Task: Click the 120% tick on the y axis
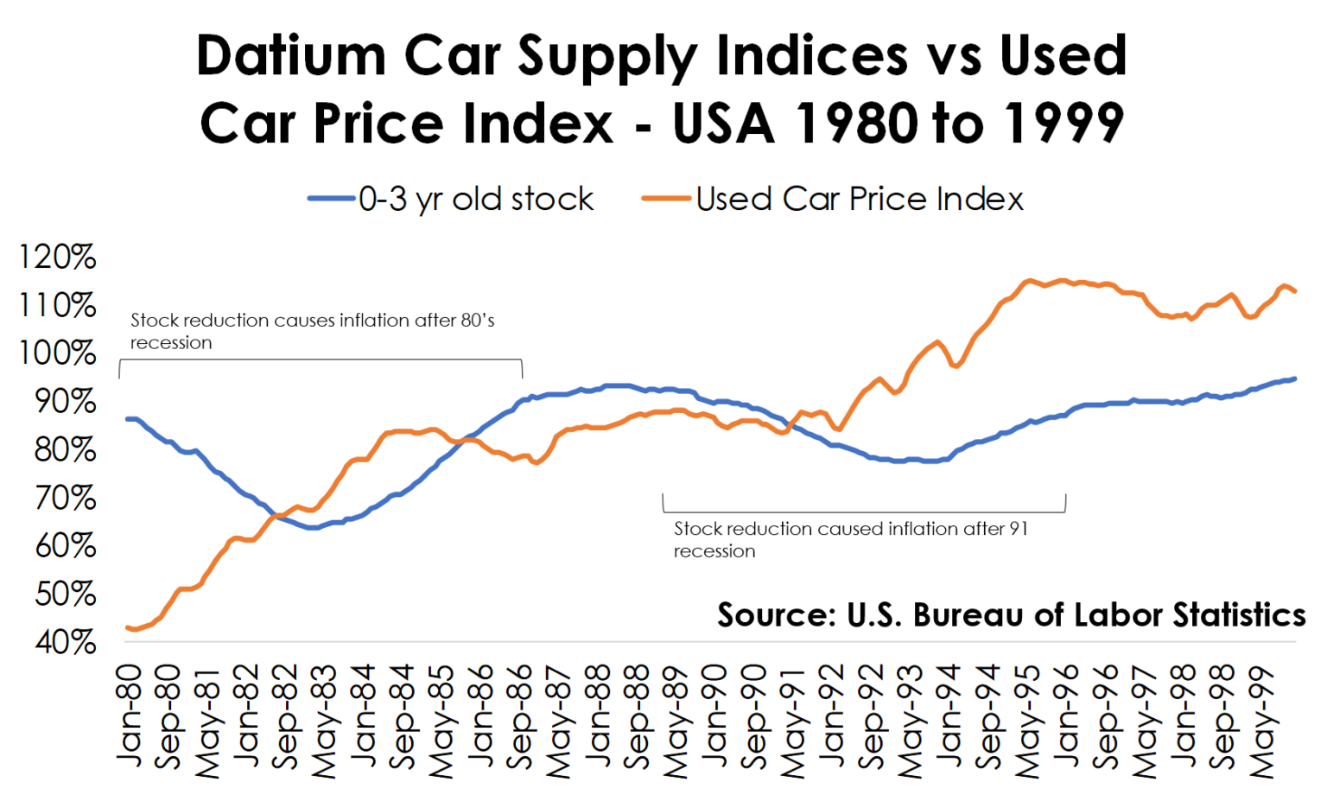tap(57, 257)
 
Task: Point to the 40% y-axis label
tap(57, 642)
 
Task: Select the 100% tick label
tap(57, 353)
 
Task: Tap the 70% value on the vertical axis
tap(57, 498)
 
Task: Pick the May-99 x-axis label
tap(1264, 721)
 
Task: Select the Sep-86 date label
tap(521, 716)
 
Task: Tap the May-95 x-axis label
tap(1028, 721)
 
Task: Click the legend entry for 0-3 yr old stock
tap(475, 200)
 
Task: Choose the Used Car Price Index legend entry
tap(859, 200)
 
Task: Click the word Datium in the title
tap(291, 55)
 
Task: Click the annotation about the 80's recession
tap(312, 331)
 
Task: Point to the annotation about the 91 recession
tap(850, 539)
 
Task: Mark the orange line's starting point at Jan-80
tap(129, 627)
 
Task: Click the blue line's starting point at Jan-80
tap(129, 419)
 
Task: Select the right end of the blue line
tap(1294, 378)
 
